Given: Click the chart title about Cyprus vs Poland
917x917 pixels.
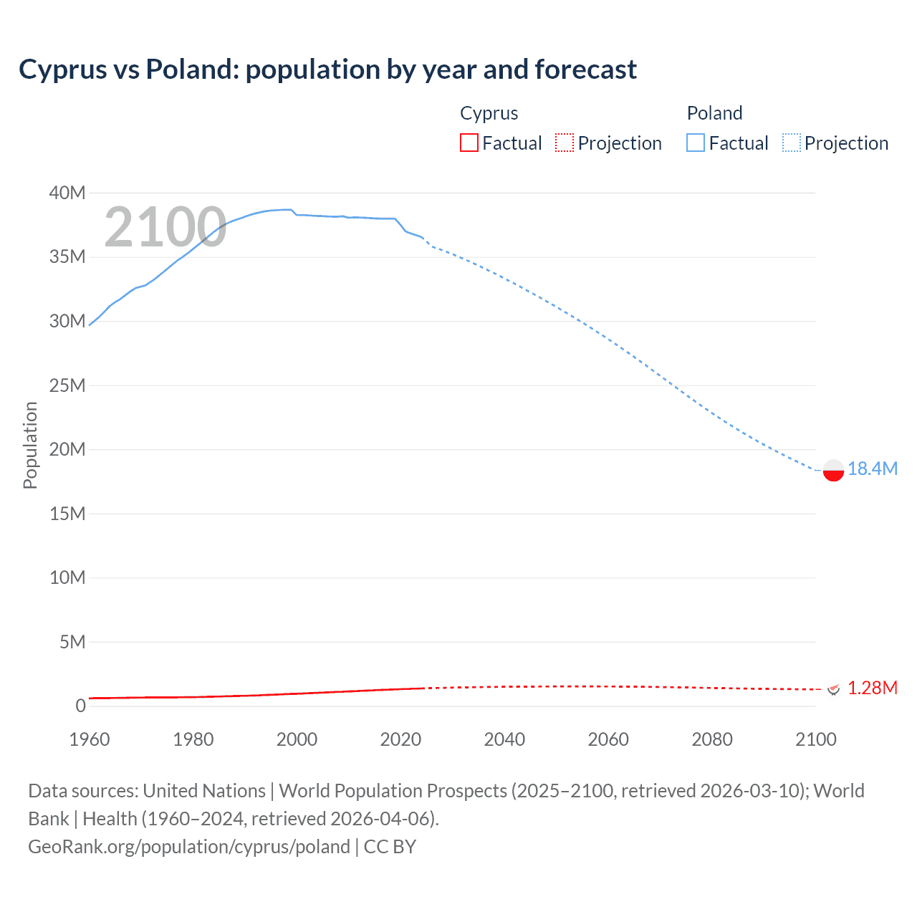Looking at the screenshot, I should point(327,69).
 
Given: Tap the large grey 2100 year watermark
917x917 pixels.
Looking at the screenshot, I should point(165,227).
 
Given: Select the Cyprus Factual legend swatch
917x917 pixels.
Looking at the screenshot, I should point(469,143).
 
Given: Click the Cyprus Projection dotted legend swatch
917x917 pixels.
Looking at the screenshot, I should point(565,143).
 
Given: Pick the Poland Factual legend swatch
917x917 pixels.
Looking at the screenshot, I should point(696,143).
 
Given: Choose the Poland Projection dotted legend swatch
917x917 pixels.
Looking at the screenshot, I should point(792,143).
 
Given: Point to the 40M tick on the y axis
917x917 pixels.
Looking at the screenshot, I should point(67,193).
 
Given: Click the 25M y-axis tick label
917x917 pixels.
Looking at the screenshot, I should point(67,385).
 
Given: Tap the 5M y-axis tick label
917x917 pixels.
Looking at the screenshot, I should point(72,642).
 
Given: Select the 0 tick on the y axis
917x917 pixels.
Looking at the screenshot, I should point(80,706).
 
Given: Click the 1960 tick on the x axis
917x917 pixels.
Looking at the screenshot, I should point(90,739).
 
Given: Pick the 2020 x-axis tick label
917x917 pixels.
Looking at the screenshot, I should point(400,739).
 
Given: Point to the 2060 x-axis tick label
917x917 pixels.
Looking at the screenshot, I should point(608,739).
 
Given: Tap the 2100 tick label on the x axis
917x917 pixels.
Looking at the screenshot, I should point(815,739).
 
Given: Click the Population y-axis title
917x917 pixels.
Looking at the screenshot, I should point(30,445).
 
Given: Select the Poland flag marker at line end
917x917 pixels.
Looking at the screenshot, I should point(833,471).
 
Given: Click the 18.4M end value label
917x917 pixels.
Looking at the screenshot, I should point(872,469).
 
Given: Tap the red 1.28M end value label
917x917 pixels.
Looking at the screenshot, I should point(872,688).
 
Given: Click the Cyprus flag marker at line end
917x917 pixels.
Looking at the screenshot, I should point(833,688).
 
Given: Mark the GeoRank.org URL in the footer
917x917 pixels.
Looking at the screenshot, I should point(189,847).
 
